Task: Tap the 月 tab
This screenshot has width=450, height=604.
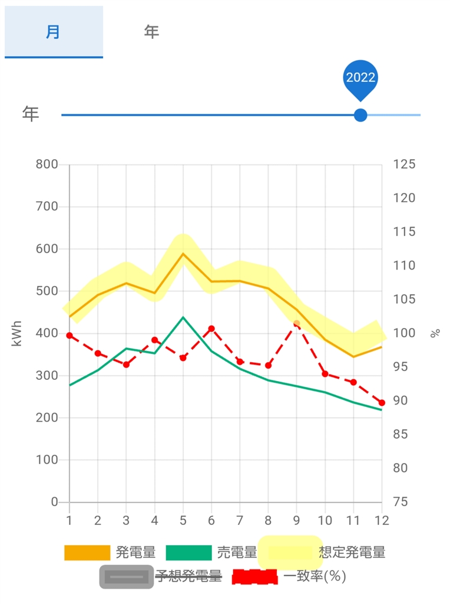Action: [x=53, y=32]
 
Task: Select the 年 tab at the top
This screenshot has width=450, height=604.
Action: [x=151, y=32]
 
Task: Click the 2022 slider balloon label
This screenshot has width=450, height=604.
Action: [x=360, y=78]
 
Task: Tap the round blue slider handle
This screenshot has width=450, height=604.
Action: [x=360, y=115]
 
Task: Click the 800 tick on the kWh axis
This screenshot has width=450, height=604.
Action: [x=47, y=165]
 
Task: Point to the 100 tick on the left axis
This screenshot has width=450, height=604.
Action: [x=47, y=460]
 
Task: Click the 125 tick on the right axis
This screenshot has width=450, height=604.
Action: [x=404, y=165]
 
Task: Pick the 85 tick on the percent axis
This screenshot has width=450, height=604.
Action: [x=401, y=435]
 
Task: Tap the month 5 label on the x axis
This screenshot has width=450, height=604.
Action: [x=183, y=521]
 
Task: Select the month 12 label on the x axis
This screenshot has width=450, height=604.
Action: [x=382, y=521]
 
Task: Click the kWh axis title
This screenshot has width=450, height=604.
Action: [x=17, y=333]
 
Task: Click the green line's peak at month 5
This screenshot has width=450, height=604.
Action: [x=183, y=317]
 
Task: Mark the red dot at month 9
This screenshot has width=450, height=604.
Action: [x=297, y=323]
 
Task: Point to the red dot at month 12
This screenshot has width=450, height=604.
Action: [x=382, y=403]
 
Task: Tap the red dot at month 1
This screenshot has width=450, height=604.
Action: [x=70, y=336]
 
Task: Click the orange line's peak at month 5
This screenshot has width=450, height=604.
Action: [x=183, y=254]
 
